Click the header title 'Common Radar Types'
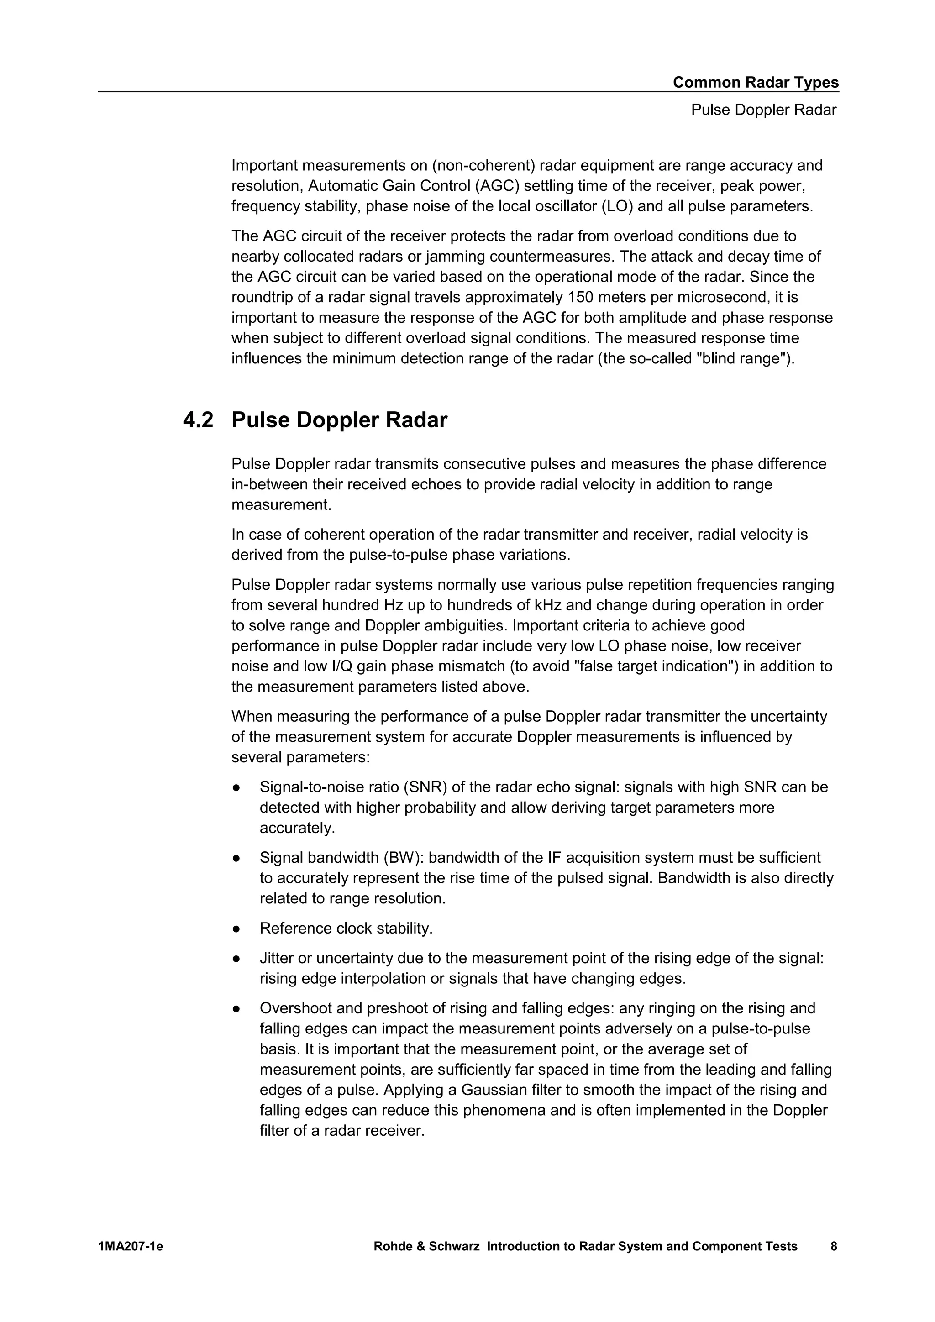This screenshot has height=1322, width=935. [x=756, y=82]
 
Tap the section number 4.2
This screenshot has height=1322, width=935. [x=198, y=420]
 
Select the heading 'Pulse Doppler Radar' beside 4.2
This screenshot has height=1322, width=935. [x=339, y=420]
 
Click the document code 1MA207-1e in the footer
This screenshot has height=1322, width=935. [x=131, y=1247]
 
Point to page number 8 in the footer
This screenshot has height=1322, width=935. [x=834, y=1247]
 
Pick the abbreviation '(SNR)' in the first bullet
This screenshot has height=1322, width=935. [x=426, y=787]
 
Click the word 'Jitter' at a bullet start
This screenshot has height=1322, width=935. [x=278, y=958]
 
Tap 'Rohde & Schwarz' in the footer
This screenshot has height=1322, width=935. [x=426, y=1247]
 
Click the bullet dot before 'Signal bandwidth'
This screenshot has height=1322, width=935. [x=236, y=858]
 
